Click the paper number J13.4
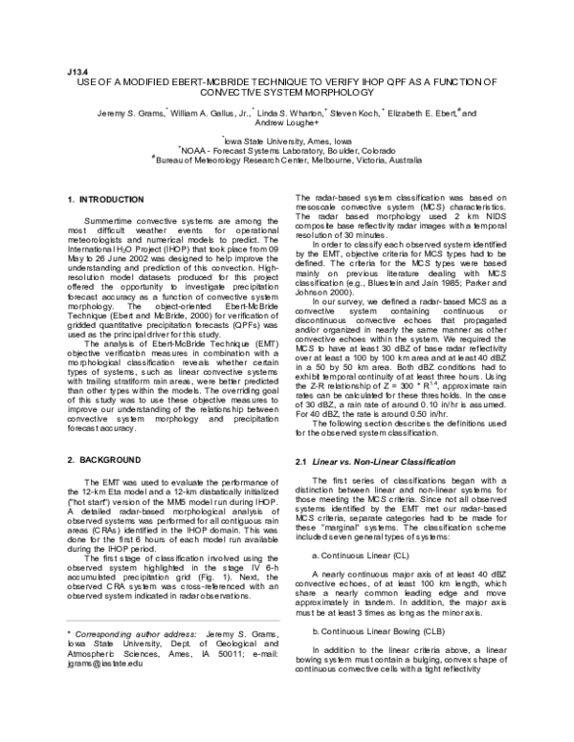[77, 71]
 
